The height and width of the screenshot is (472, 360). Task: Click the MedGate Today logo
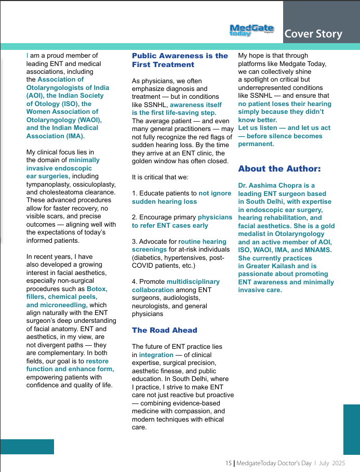[x=251, y=30]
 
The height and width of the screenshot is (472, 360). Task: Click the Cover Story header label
[x=313, y=34]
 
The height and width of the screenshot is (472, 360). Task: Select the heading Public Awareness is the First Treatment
[x=180, y=60]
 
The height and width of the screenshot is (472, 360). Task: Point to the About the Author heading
[x=279, y=168]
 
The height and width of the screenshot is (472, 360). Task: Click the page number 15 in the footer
[x=228, y=463]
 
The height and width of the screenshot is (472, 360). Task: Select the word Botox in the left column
[x=97, y=289]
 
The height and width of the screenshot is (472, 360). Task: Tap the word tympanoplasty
[x=49, y=185]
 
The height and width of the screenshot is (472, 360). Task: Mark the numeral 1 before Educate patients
[x=134, y=193]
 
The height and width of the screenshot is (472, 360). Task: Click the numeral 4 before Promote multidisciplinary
[x=134, y=281]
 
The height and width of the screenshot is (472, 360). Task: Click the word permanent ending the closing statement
[x=256, y=144]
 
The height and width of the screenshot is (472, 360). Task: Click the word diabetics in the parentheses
[x=150, y=257]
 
